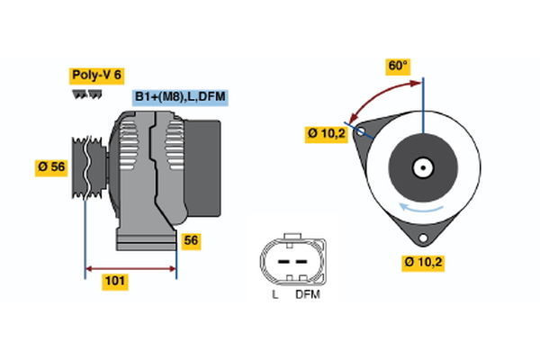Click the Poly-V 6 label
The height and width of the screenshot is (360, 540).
pos(95,76)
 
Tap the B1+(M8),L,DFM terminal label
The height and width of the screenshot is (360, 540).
pos(178,96)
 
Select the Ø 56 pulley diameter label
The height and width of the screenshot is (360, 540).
pos(52,167)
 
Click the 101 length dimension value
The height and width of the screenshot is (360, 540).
pos(114,282)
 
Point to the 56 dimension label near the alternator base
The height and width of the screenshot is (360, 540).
pos(190,240)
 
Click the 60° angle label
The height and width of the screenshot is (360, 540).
pos(397,66)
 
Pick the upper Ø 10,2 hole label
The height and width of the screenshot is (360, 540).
pos(326,135)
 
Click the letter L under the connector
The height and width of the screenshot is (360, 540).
pos(274,294)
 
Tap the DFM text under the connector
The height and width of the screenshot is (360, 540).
pos(307,294)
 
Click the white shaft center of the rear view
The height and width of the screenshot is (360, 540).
pos(422,167)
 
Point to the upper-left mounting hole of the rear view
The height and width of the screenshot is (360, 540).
pos(362,130)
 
